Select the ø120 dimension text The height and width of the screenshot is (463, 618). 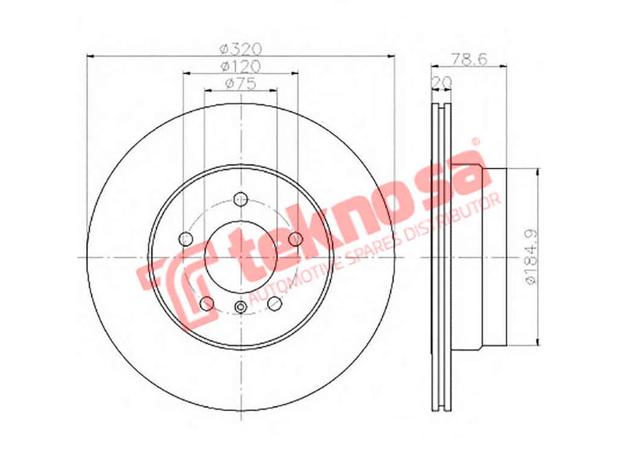click(x=240, y=66)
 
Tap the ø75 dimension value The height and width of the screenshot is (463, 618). click(x=240, y=83)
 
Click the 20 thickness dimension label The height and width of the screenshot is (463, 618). click(x=444, y=82)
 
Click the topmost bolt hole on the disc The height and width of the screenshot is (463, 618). click(x=240, y=199)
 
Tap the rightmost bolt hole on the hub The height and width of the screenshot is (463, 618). click(x=295, y=238)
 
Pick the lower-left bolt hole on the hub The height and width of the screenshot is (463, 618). click(x=206, y=303)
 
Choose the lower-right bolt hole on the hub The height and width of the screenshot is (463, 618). click(x=275, y=302)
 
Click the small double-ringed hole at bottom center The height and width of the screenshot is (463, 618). click(x=240, y=307)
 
